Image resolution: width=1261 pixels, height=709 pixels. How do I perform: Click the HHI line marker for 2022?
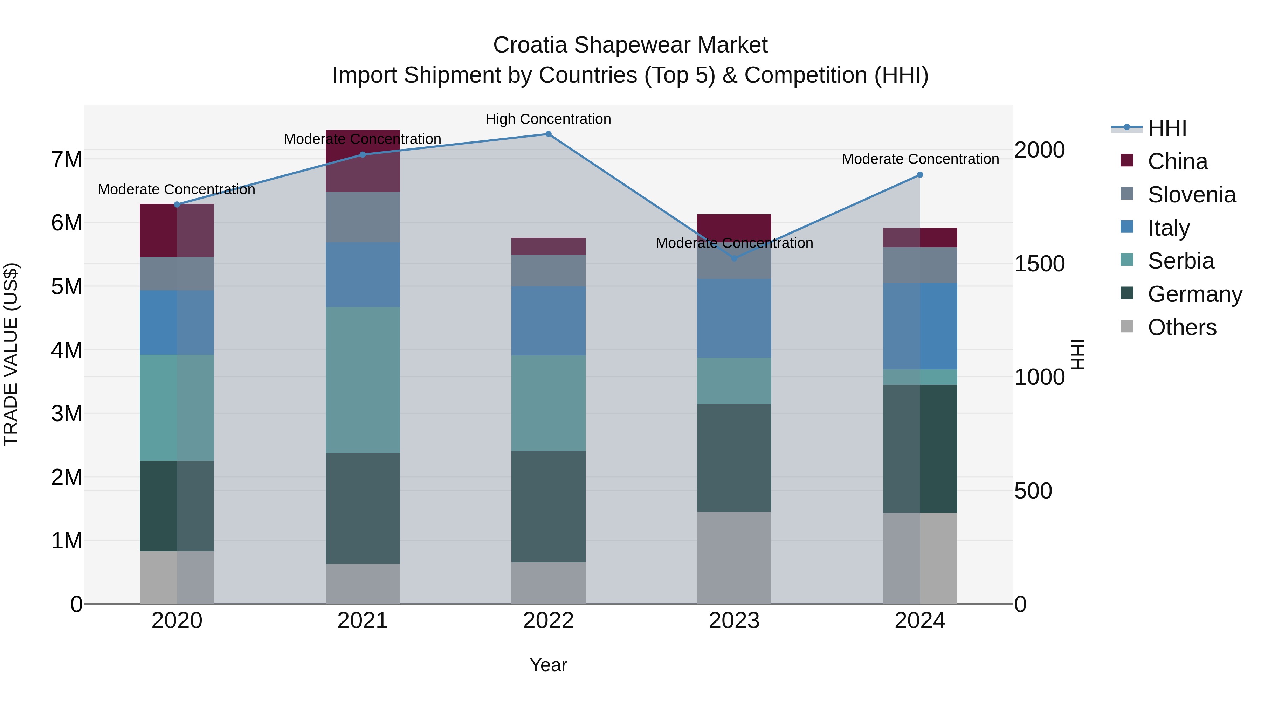548,134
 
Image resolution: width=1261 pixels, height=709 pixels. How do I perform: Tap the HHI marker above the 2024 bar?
920,175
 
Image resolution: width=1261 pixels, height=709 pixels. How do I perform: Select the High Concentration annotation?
548,119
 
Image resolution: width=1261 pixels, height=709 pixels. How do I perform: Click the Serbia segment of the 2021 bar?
363,380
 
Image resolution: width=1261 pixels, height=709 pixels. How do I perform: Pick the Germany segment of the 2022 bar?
548,506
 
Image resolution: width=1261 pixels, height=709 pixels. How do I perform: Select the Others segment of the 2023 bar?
734,558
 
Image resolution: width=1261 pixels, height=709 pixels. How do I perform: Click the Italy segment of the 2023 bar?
734,319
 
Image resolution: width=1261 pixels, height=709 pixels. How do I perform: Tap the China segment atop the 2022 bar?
548,246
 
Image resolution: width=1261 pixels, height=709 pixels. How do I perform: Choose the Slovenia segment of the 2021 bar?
363,217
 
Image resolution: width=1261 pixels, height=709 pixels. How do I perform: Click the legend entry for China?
1177,161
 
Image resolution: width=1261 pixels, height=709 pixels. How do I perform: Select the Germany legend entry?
1194,294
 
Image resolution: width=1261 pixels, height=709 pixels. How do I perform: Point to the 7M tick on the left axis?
67,160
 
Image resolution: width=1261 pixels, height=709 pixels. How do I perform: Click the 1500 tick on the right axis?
1039,264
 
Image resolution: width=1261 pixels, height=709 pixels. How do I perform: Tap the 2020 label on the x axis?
177,621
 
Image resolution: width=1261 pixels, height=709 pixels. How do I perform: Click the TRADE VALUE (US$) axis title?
11,354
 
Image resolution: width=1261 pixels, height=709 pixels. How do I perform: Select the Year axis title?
548,665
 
